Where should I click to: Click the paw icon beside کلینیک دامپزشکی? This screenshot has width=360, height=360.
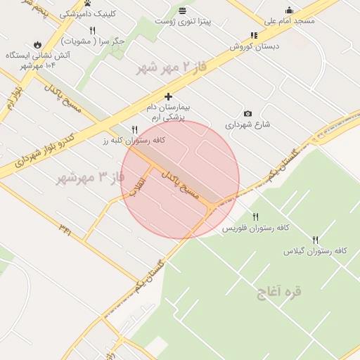(x=88, y=4)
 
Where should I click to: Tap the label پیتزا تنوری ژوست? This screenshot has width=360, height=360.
(x=186, y=22)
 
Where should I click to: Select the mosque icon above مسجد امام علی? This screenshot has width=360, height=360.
(x=289, y=10)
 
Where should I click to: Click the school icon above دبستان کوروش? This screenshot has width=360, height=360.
(x=254, y=35)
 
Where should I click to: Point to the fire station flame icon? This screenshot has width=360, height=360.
(x=37, y=44)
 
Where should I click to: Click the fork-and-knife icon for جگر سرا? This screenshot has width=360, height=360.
(x=92, y=30)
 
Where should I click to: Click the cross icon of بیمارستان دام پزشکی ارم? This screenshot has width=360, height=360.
(x=168, y=96)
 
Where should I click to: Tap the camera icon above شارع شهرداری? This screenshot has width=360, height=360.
(x=247, y=113)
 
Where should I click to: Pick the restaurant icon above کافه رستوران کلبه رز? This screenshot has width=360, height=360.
(x=134, y=129)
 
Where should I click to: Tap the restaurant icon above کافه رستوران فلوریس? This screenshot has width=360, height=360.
(x=256, y=217)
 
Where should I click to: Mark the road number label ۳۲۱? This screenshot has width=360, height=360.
(x=65, y=229)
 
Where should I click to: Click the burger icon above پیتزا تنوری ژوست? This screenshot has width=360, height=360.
(x=183, y=11)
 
